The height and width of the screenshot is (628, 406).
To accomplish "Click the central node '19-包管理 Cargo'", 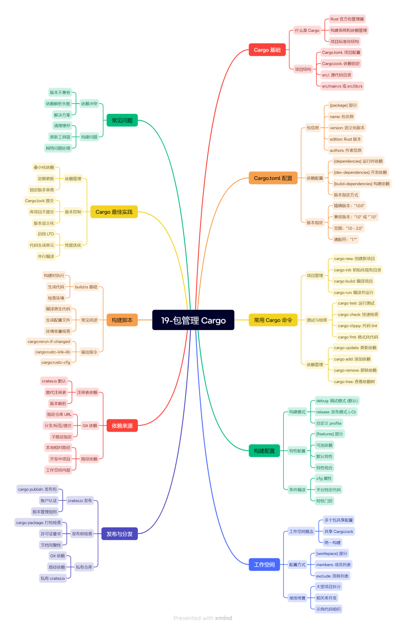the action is click(x=193, y=320).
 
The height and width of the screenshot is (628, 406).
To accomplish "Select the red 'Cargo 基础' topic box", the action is click(x=267, y=50).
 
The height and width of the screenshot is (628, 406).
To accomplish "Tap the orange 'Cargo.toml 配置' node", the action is click(x=273, y=178).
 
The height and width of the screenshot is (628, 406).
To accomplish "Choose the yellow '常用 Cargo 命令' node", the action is click(x=273, y=320).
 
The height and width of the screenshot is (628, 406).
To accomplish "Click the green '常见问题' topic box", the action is click(x=122, y=120).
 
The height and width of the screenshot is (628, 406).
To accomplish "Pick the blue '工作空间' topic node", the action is click(x=264, y=564).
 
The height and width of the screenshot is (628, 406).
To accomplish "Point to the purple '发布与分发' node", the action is click(x=120, y=534).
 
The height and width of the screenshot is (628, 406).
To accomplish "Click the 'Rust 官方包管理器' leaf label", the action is click(x=347, y=19).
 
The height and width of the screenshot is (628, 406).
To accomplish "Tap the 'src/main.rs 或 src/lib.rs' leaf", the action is click(x=342, y=86).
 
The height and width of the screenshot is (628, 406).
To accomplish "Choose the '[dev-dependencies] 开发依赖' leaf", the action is click(x=361, y=172).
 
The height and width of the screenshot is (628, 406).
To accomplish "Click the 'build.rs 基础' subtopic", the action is click(x=86, y=287).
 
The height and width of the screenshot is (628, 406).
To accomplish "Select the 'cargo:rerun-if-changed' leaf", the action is click(x=49, y=342).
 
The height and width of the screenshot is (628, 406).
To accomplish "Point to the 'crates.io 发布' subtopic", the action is click(x=80, y=500).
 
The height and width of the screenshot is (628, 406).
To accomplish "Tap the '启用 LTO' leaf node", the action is click(x=46, y=234).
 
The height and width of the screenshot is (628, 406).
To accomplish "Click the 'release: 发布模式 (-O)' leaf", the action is click(x=336, y=412).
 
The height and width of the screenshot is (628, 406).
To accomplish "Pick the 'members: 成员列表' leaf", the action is click(x=333, y=565).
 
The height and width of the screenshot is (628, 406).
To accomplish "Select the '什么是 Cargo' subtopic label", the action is click(x=307, y=30).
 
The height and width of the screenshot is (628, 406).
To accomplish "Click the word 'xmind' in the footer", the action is click(x=224, y=618).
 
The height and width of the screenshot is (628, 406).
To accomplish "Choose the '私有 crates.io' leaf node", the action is click(x=53, y=578).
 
